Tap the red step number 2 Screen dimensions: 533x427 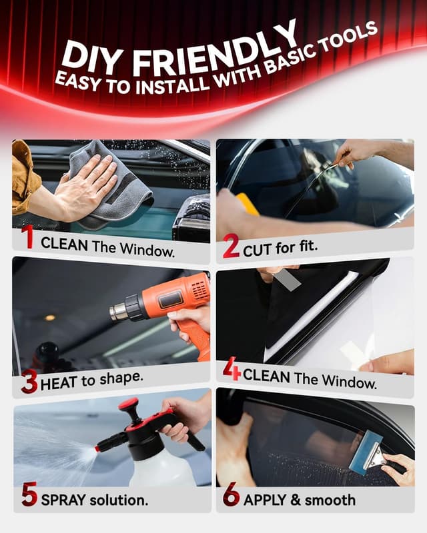(x=231, y=247)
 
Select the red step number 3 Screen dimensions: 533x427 (x=29, y=382)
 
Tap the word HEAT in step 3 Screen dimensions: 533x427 (x=59, y=384)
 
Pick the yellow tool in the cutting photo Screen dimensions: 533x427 (x=248, y=204)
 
